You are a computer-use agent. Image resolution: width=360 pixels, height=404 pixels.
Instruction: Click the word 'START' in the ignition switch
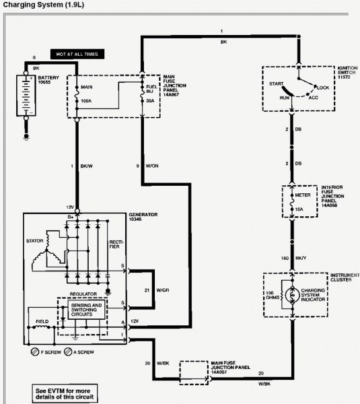(x=275, y=84)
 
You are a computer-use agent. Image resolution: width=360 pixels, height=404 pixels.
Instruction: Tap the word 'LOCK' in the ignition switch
(x=323, y=88)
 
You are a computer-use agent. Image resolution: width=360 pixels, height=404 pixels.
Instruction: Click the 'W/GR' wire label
(x=163, y=290)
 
